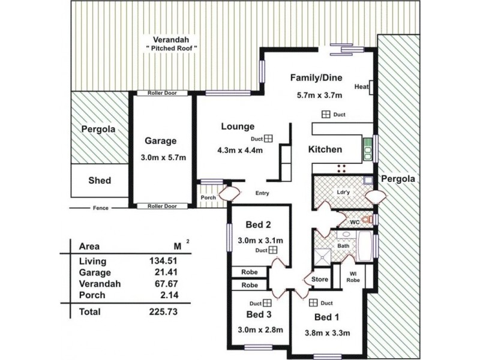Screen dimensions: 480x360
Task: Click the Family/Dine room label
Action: coord(316,78)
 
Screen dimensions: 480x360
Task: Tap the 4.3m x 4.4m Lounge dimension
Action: coord(240,151)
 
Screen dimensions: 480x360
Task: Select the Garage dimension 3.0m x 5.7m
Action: coord(163,158)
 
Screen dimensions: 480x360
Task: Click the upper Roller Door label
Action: coord(162,93)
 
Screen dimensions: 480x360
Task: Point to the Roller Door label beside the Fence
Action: coord(162,206)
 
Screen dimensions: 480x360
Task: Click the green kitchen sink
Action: coord(367,150)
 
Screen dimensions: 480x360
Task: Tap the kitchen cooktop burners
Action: coord(341,169)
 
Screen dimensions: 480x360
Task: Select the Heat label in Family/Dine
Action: coord(362,87)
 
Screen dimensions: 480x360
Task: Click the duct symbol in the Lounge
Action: coord(268,139)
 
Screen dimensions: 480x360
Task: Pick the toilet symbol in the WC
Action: coord(367,219)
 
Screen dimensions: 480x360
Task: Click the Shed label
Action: coord(100,181)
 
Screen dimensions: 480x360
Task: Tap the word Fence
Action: coord(101,208)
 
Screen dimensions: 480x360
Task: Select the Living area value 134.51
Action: coord(163,261)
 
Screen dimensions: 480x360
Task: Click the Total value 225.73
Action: coord(163,311)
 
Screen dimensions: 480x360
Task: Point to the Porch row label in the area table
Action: coord(92,295)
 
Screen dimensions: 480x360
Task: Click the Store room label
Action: coord(320,280)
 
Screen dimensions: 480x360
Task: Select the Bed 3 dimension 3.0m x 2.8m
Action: coord(260,330)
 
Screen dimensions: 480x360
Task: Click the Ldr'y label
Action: coord(343,193)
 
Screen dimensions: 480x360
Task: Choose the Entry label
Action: coord(262,193)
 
